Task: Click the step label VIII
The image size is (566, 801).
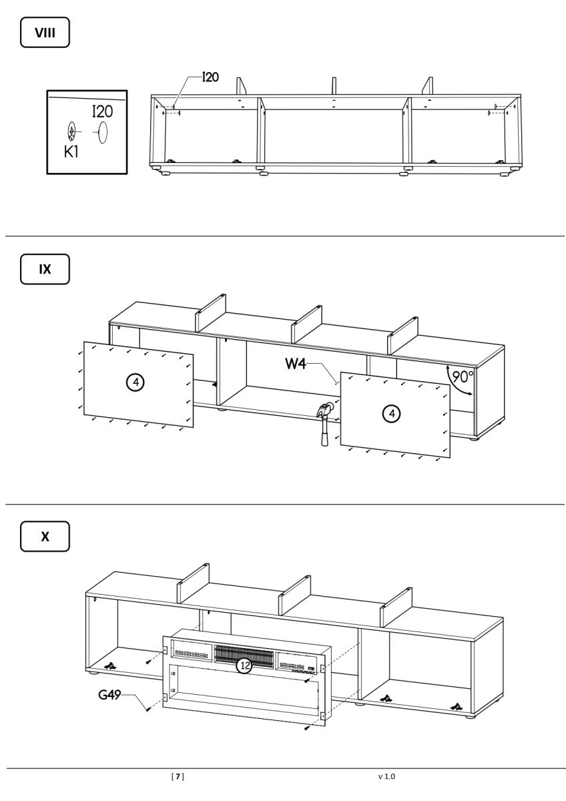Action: click(45, 33)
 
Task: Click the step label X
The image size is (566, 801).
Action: click(45, 537)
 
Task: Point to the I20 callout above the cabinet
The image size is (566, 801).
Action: click(210, 78)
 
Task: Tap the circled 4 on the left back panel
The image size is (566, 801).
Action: click(135, 382)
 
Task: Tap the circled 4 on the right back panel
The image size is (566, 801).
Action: click(392, 414)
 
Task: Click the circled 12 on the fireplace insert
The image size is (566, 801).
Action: click(246, 665)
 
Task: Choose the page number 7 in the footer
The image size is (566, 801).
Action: click(178, 776)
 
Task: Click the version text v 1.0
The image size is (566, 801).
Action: click(386, 776)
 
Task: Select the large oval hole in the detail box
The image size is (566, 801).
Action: click(103, 132)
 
